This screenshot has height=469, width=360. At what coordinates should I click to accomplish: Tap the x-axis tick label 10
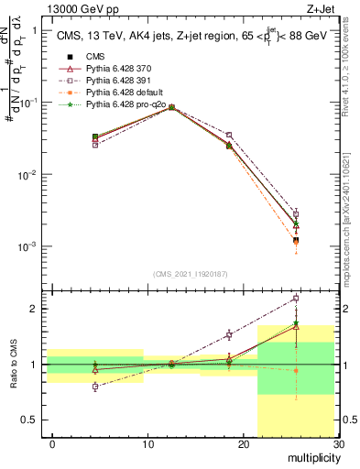(x=147, y=445)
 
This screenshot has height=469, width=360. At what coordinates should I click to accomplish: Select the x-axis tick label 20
(x=243, y=445)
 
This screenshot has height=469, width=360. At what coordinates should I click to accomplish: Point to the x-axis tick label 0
(x=52, y=445)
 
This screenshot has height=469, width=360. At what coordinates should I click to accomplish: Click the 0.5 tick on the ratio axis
(x=35, y=420)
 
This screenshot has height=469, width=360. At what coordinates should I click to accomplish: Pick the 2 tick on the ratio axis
(x=38, y=309)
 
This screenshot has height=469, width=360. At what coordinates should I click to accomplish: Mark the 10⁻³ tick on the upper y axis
(x=29, y=247)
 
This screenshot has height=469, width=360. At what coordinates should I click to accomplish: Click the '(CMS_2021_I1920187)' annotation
(x=191, y=273)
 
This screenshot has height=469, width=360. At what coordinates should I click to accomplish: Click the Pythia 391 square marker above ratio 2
(x=296, y=299)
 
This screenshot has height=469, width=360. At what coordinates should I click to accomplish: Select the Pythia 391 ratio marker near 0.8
(x=95, y=387)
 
